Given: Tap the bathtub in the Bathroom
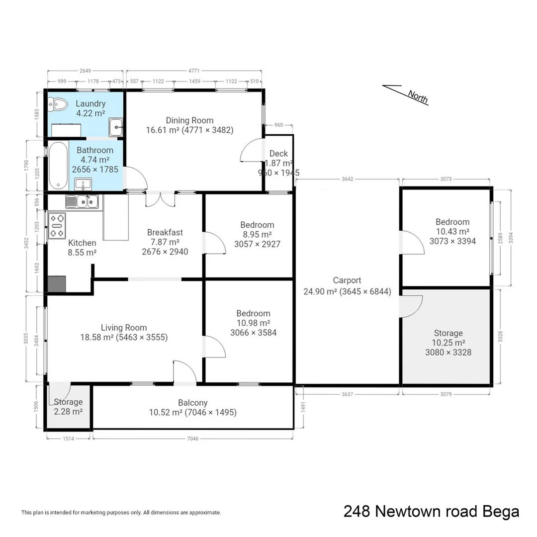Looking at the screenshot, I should click(x=58, y=166).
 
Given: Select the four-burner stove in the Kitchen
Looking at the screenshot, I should click(x=57, y=225).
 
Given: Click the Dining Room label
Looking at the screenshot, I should click(x=189, y=120).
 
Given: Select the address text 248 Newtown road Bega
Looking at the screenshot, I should click(x=431, y=511).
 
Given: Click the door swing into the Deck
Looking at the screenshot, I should click(x=253, y=149).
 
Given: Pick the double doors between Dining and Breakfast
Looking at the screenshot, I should click(x=161, y=199).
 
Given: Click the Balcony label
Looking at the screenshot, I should click(x=193, y=403).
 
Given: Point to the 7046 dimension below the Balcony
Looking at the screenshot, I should click(x=192, y=439).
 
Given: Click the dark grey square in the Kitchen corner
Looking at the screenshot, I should click(x=57, y=283).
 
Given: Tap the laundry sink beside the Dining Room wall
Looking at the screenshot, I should click(x=116, y=127).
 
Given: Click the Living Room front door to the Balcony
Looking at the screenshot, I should click(x=184, y=372).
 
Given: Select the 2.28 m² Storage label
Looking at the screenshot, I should click(x=68, y=407).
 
